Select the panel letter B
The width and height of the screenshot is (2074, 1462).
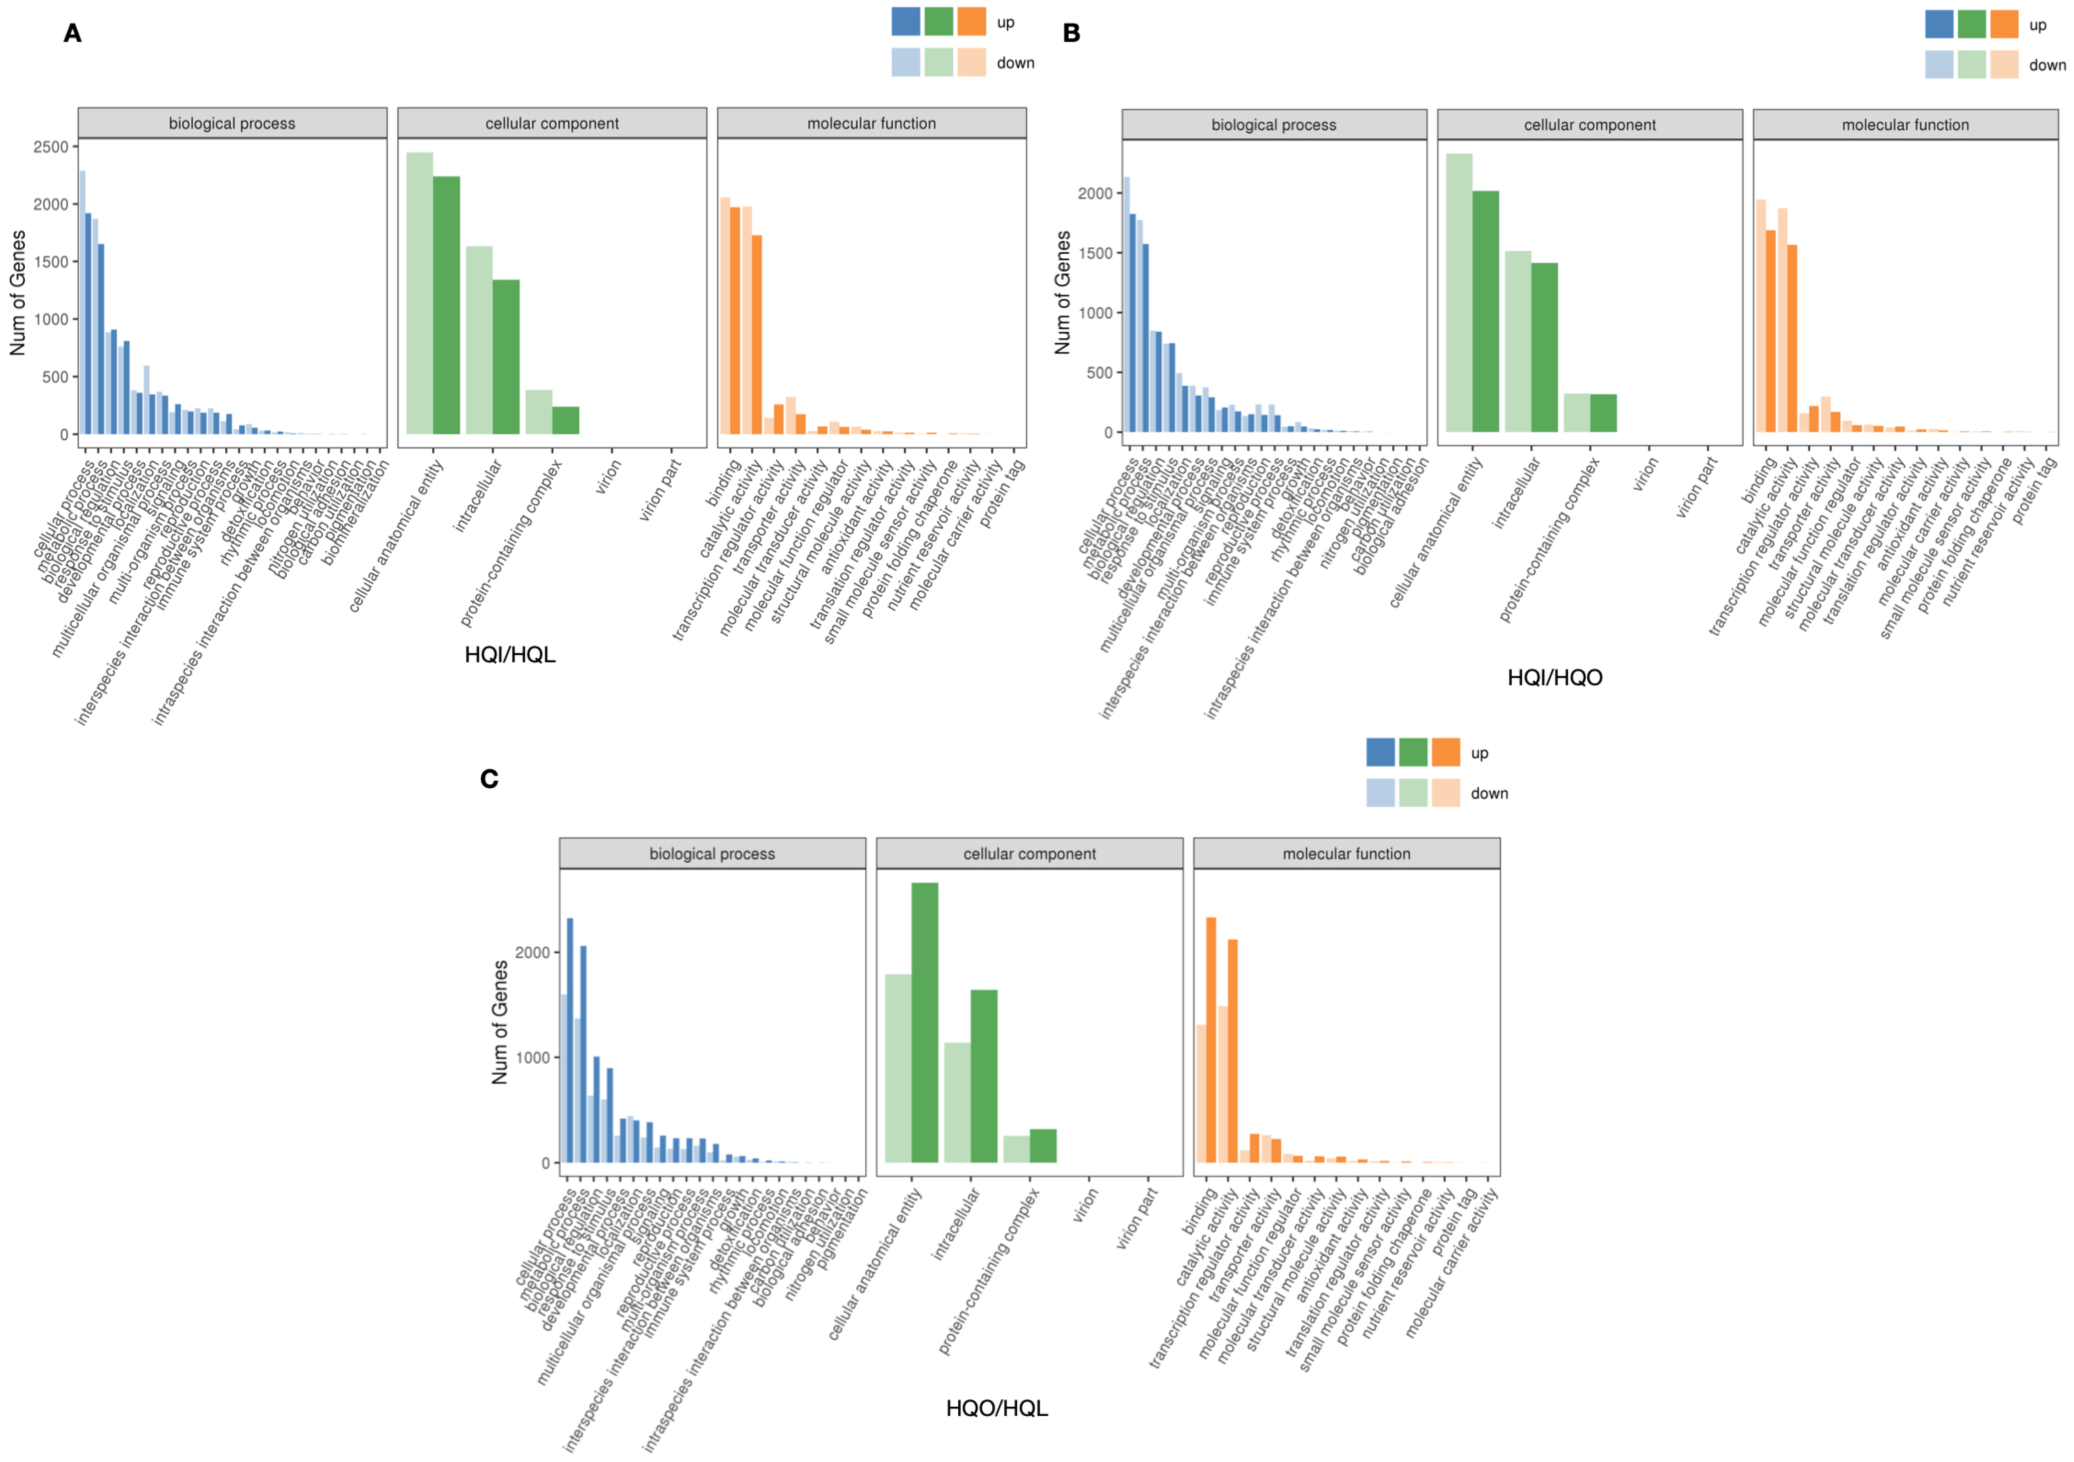(x=1071, y=33)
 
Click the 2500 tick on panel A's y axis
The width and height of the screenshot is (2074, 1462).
(x=50, y=147)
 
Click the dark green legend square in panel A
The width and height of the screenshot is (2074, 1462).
(x=939, y=22)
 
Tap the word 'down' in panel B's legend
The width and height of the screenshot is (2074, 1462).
(x=2047, y=65)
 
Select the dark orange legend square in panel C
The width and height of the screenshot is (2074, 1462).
(x=1445, y=752)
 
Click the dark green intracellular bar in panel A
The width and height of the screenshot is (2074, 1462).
(x=506, y=357)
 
